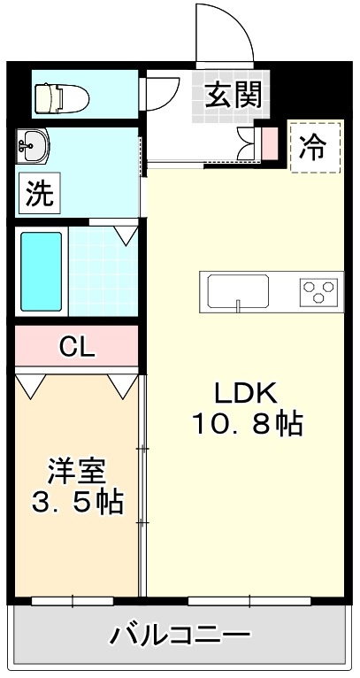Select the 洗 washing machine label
(x=37, y=194)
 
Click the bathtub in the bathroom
(x=42, y=272)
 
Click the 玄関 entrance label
(x=233, y=94)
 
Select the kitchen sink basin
(x=237, y=290)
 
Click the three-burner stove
(x=319, y=290)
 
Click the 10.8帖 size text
(x=249, y=426)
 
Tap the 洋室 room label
(x=77, y=469)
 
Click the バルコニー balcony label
(x=180, y=635)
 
